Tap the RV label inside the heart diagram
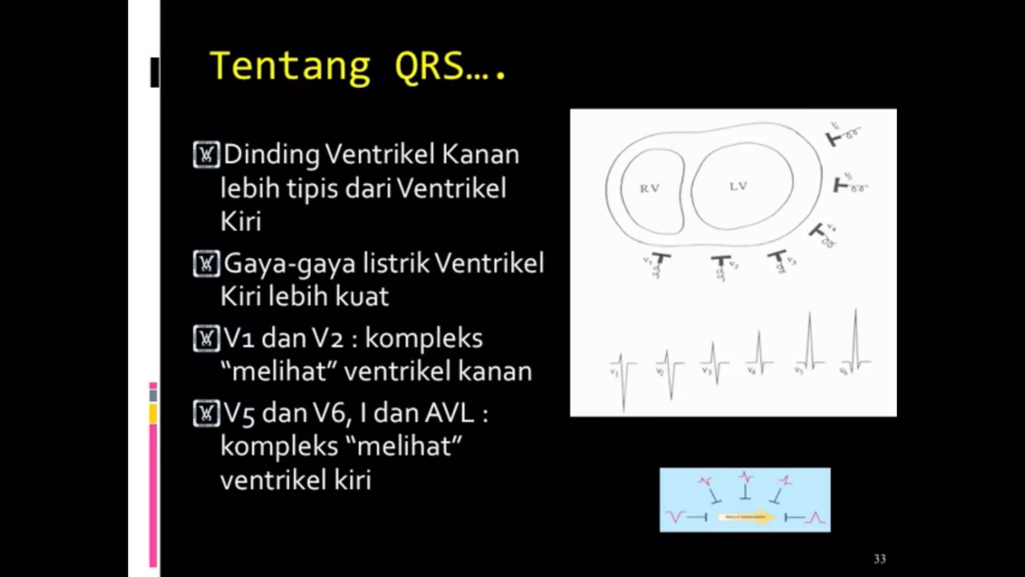[x=649, y=188]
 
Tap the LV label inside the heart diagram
[x=738, y=186]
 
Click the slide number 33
[x=879, y=559]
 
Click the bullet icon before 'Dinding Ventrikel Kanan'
[x=206, y=155]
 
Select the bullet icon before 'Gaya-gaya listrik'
[x=206, y=263]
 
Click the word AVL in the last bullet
[x=449, y=414]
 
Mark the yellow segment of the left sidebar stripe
[x=153, y=414]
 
